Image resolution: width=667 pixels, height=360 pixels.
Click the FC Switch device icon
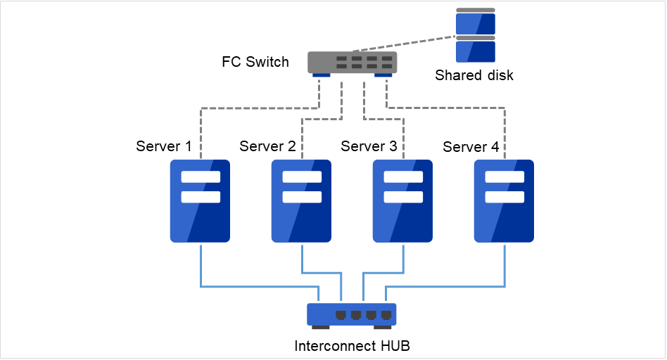pyautogui.click(x=352, y=62)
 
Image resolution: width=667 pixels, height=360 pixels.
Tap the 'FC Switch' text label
pyautogui.click(x=255, y=62)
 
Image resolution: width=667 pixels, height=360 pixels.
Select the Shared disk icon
pyautogui.click(x=475, y=35)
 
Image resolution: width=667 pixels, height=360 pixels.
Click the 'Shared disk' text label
pyautogui.click(x=474, y=75)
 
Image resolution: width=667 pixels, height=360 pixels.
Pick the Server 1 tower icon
pyautogui.click(x=200, y=201)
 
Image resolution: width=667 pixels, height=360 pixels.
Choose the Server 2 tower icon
pyautogui.click(x=301, y=201)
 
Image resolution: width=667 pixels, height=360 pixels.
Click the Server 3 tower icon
pyautogui.click(x=402, y=201)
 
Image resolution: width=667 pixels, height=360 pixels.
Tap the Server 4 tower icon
pyautogui.click(x=504, y=201)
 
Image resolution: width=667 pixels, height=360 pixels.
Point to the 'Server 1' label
pyautogui.click(x=163, y=146)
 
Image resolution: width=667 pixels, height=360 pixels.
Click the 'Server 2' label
pyautogui.click(x=267, y=146)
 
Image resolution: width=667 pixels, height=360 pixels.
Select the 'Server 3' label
pyautogui.click(x=369, y=146)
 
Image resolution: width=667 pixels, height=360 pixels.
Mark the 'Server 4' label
pyautogui.click(x=471, y=147)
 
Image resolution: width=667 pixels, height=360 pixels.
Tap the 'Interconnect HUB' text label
pyautogui.click(x=352, y=346)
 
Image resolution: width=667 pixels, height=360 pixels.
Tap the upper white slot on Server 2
pyautogui.click(x=301, y=177)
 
